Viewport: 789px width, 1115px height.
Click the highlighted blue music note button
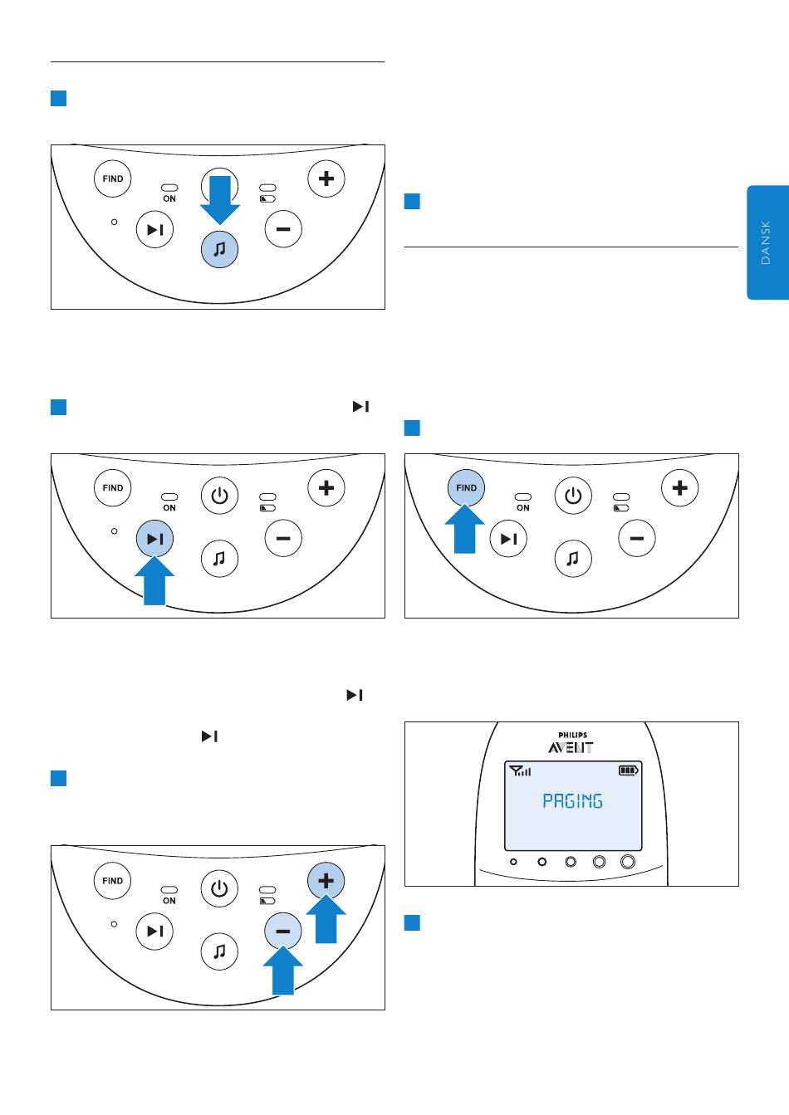[x=219, y=249]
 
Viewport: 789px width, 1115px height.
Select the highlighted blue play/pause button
[x=154, y=539]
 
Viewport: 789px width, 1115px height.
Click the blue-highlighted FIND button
[x=466, y=488]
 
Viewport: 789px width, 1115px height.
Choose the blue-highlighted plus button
[x=326, y=881]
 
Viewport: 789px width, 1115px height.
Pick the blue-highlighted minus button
[x=282, y=932]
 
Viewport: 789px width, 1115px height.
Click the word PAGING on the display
[x=572, y=801]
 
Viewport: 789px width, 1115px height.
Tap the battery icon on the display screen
[x=629, y=770]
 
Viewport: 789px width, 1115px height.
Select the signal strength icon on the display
[x=521, y=770]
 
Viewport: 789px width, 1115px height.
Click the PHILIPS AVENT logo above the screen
[x=571, y=742]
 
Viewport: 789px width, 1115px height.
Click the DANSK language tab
[x=767, y=242]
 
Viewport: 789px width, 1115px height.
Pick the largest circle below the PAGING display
[x=628, y=862]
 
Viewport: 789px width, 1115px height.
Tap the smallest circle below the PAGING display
[x=513, y=862]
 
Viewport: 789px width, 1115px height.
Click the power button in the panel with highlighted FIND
[x=573, y=496]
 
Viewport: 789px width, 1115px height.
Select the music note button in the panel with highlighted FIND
[x=573, y=559]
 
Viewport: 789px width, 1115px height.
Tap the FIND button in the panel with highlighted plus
[x=113, y=881]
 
